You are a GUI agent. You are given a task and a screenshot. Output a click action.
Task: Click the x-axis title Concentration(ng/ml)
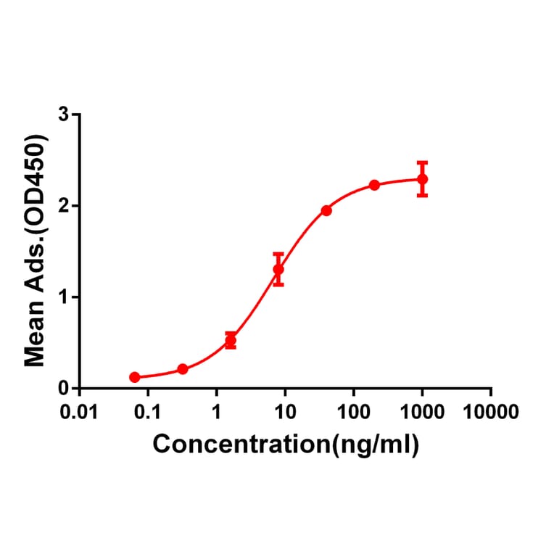[x=286, y=445]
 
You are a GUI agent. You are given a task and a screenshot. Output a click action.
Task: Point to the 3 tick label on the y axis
[x=65, y=115]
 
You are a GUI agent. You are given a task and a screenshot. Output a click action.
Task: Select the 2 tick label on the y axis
[x=65, y=206]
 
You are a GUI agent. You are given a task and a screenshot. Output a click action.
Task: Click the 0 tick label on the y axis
[x=65, y=389]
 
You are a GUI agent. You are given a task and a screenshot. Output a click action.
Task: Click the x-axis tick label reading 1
[x=216, y=413]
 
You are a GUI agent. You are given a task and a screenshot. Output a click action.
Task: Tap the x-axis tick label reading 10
[x=285, y=413]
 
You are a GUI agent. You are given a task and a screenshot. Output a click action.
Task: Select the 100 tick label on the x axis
[x=354, y=413]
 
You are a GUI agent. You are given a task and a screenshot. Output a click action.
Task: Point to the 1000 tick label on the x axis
[x=422, y=413]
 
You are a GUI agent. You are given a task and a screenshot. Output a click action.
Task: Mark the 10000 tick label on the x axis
[x=491, y=413]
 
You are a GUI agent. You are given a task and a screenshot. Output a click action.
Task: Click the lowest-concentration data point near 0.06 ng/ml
[x=134, y=377]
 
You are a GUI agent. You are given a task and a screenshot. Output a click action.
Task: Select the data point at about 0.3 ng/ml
[x=183, y=369]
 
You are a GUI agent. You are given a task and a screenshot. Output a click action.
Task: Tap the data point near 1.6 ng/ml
[x=231, y=340]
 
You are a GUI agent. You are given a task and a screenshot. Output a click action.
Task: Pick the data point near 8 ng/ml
[x=278, y=270]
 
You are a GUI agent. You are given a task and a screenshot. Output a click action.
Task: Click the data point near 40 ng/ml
[x=326, y=210]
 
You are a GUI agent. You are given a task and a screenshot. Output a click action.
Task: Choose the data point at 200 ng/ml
[x=374, y=185]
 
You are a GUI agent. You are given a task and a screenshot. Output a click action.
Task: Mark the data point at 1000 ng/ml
[x=422, y=179]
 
